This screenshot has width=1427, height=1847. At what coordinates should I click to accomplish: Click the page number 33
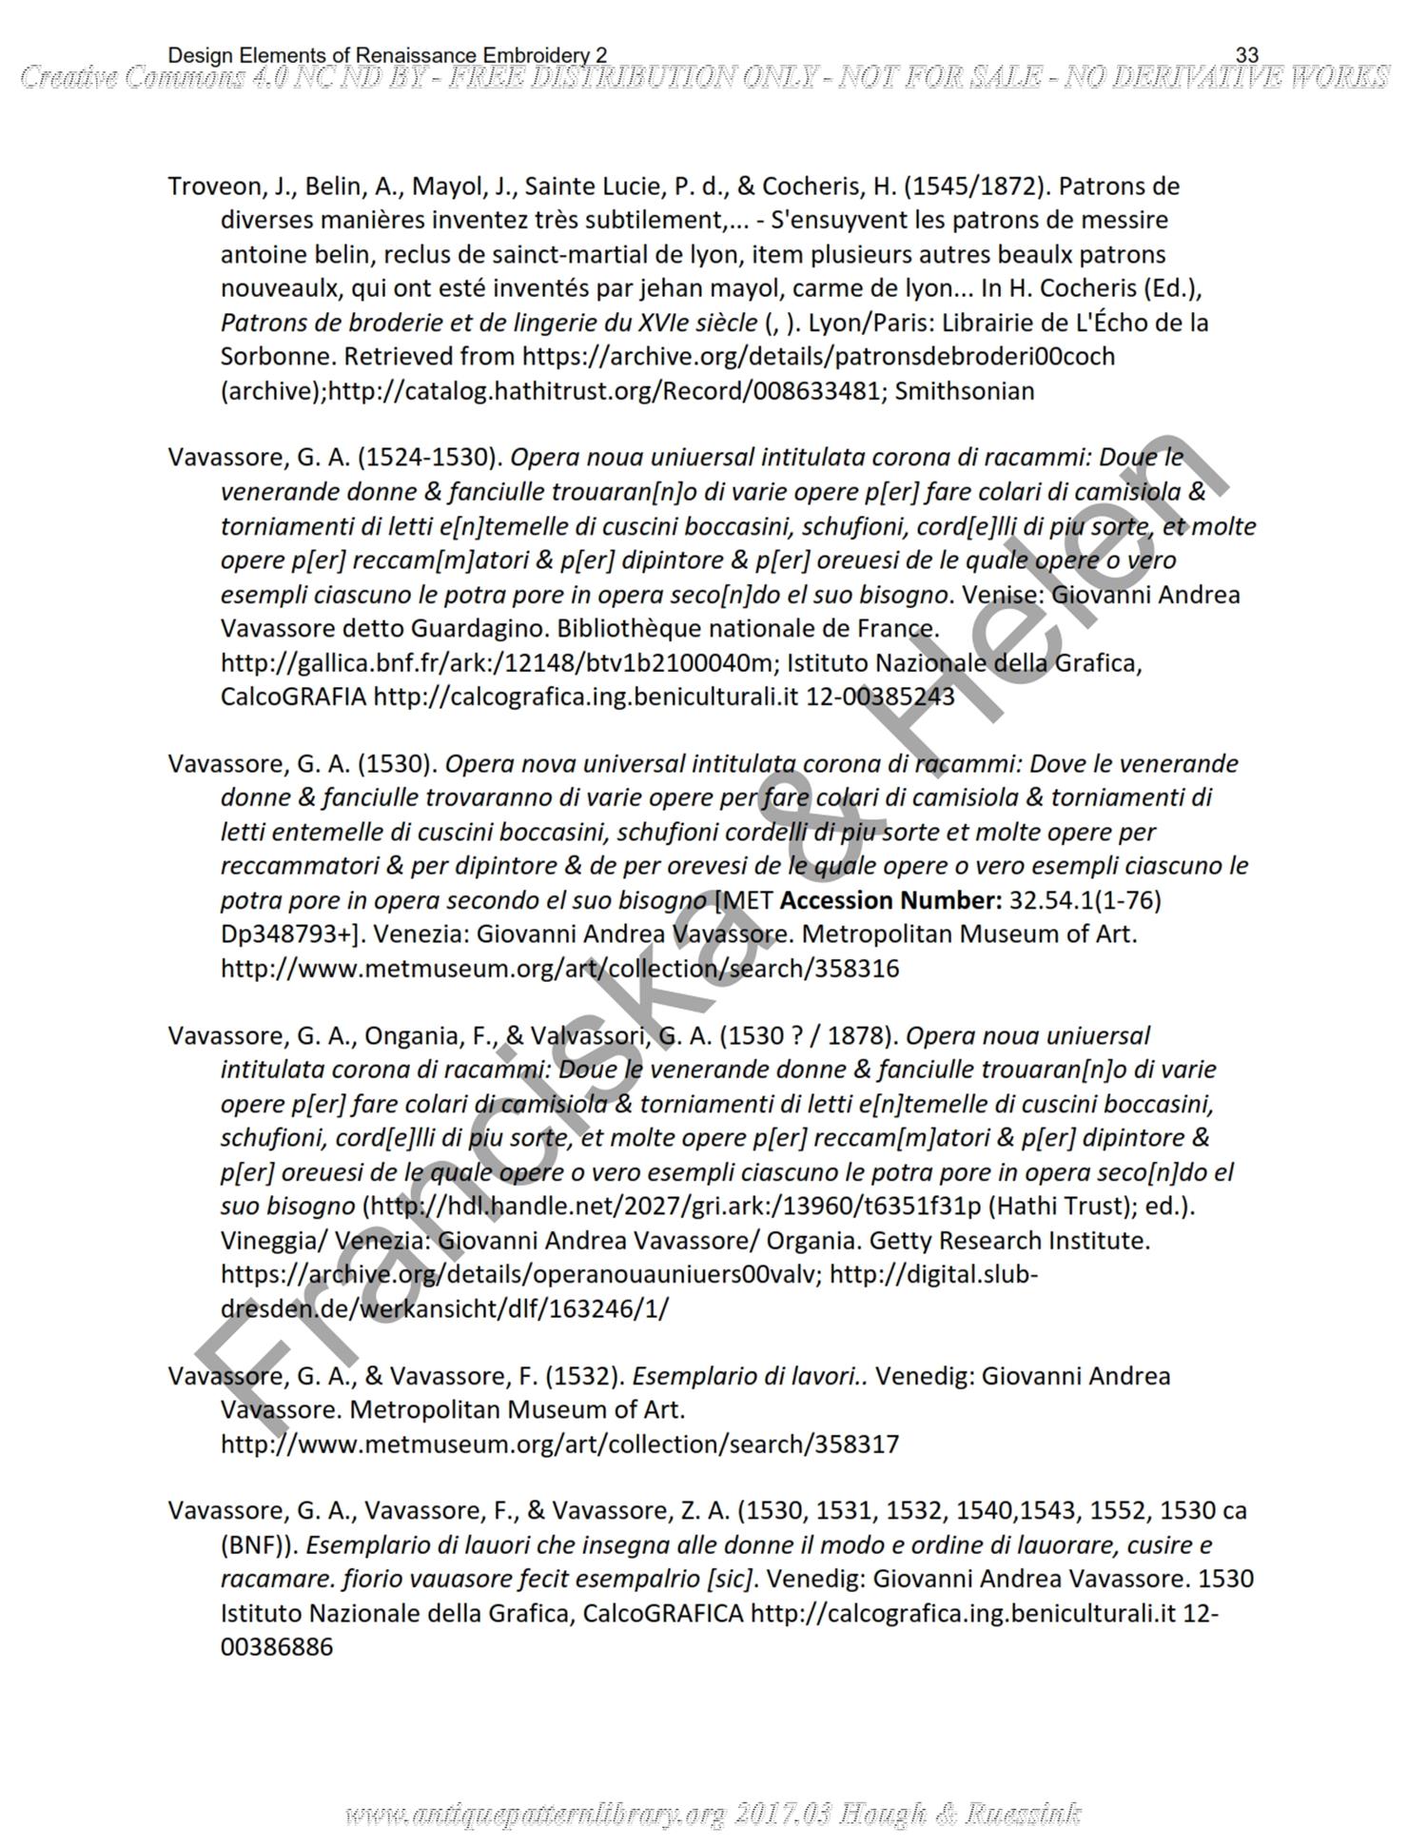1246,56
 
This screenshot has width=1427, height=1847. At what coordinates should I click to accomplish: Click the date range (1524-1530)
430,458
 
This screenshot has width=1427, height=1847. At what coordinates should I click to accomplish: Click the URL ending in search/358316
559,969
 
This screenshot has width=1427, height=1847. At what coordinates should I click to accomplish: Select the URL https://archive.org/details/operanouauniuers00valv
520,1274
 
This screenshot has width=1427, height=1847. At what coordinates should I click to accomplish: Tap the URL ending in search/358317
559,1444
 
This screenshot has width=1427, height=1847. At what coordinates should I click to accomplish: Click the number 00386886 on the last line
277,1647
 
